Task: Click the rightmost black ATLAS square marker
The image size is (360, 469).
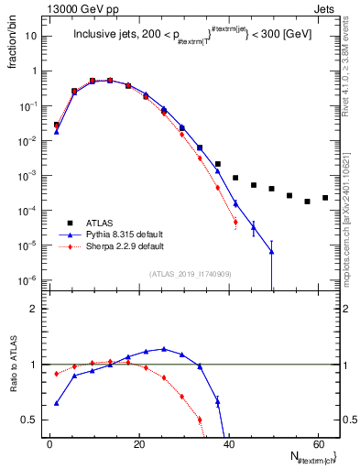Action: click(x=325, y=197)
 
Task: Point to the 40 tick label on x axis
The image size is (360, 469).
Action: click(x=227, y=442)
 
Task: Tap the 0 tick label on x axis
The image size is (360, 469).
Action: click(x=49, y=442)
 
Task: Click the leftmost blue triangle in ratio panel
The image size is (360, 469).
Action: click(x=57, y=403)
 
